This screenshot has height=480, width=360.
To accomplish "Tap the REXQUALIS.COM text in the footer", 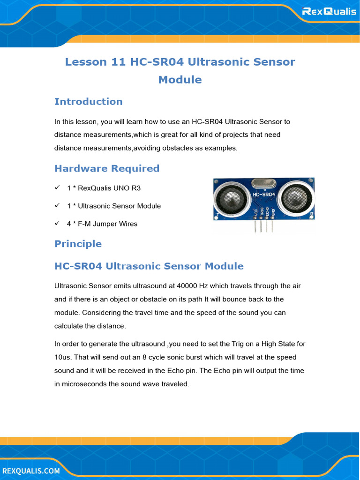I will [x=31, y=470].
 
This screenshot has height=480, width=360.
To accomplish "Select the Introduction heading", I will [x=88, y=102].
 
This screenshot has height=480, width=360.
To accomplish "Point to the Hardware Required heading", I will [x=107, y=168].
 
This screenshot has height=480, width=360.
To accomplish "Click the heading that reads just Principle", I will [x=78, y=244].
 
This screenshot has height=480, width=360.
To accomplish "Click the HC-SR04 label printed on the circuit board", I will [x=263, y=194].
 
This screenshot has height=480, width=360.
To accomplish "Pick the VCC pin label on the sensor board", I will [x=255, y=212].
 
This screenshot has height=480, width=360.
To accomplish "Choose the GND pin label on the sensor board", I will [x=273, y=212].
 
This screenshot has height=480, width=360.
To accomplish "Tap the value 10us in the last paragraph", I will [x=62, y=357].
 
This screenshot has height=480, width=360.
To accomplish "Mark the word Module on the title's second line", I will [x=180, y=80].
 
